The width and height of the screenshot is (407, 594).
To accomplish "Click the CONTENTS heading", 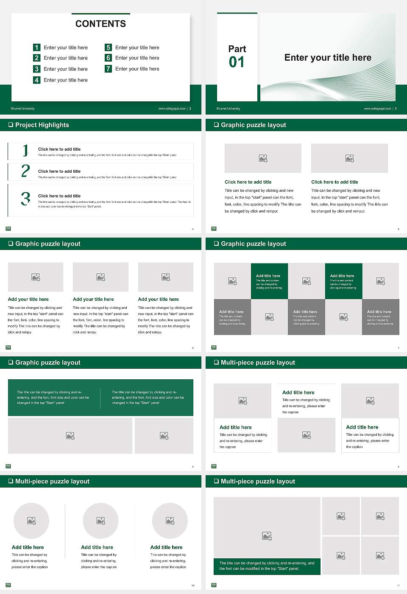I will point(100,24).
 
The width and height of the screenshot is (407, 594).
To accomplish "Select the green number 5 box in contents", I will point(108,47).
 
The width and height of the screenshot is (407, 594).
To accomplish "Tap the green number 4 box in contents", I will point(37,80).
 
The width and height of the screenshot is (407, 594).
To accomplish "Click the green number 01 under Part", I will point(237,62).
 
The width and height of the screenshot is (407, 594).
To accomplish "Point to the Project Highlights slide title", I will point(42,125).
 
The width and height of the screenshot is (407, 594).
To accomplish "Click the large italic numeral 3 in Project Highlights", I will point(25,199).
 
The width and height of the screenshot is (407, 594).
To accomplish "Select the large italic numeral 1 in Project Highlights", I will point(25,150).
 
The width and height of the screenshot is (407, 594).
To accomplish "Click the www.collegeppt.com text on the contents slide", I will point(172,109).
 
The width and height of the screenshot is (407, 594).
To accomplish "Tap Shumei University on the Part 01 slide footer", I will point(228,109).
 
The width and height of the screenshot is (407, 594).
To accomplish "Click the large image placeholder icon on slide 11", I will point(267,536).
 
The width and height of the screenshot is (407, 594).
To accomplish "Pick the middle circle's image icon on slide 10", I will point(100,521).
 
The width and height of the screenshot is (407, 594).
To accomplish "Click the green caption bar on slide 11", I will point(267,566).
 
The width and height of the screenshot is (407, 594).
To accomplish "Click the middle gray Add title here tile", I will point(306,317).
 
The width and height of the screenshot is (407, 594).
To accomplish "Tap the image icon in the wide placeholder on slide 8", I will point(70,436).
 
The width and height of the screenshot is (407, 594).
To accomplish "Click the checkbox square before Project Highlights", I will point(11,125).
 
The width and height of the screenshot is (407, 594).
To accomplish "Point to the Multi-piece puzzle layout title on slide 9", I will point(258,362).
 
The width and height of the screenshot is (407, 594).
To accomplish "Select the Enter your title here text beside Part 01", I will point(328,58).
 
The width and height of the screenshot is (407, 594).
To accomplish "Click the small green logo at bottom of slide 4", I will point(8,229).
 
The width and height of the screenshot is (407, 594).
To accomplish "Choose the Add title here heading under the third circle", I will point(166,547).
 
